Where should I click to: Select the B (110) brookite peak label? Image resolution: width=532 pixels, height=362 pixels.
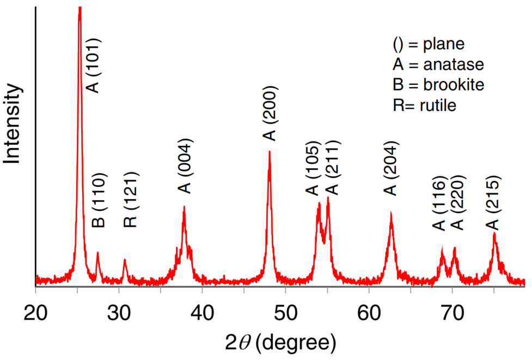pos(100,200)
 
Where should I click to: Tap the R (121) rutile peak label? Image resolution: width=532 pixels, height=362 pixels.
pos(131,199)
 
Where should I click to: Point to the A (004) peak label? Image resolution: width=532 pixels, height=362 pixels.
pos(186,167)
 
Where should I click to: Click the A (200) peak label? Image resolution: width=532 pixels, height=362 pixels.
pos(269,113)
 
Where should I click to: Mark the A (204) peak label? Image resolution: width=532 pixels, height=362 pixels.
pos(391,168)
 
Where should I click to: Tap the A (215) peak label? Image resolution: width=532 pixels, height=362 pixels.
pos(493,203)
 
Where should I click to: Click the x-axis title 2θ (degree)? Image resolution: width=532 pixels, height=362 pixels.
pos(280,343)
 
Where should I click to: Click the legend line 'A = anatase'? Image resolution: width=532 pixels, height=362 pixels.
pos(438,64)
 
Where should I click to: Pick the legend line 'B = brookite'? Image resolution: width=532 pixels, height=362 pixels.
pos(438,84)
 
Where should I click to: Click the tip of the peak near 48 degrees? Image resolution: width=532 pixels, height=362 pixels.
pos(270,152)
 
